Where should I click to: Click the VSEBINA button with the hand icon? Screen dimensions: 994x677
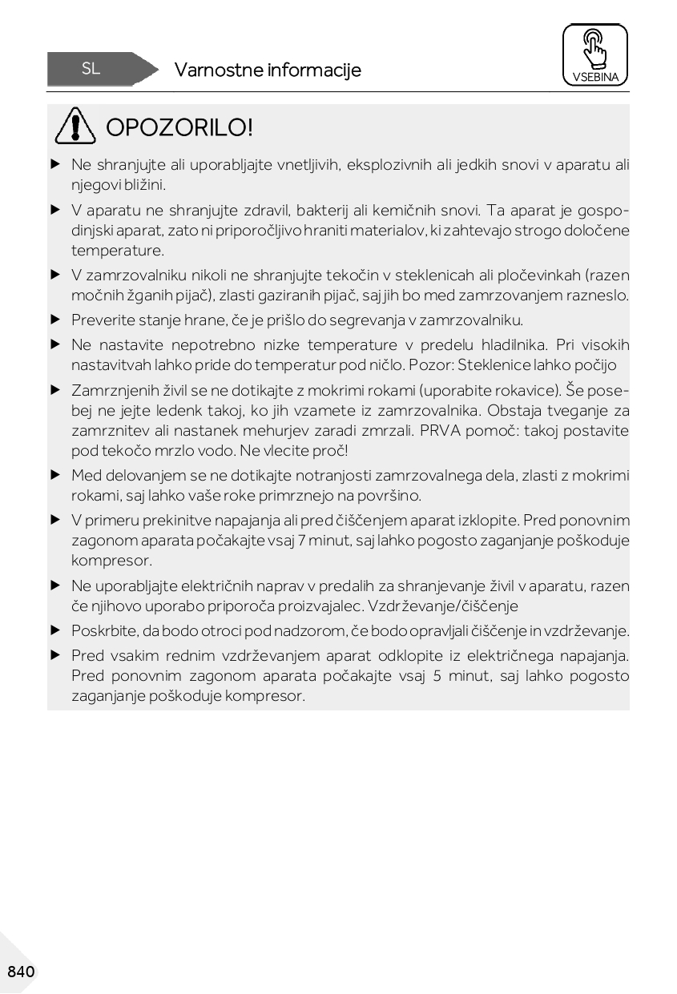tap(594, 54)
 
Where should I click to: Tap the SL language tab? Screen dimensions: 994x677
tap(91, 69)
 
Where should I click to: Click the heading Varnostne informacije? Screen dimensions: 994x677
tap(268, 70)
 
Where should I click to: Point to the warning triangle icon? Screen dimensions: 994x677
tap(76, 127)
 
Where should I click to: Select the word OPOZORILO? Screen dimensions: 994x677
tap(179, 127)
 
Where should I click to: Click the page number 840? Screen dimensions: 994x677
tap(21, 972)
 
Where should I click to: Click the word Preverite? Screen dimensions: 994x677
tap(101, 320)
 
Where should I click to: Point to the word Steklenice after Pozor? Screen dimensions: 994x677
tap(496, 366)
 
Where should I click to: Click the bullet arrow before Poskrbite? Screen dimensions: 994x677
tap(55, 631)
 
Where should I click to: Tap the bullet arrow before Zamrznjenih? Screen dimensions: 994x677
tap(55, 391)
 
